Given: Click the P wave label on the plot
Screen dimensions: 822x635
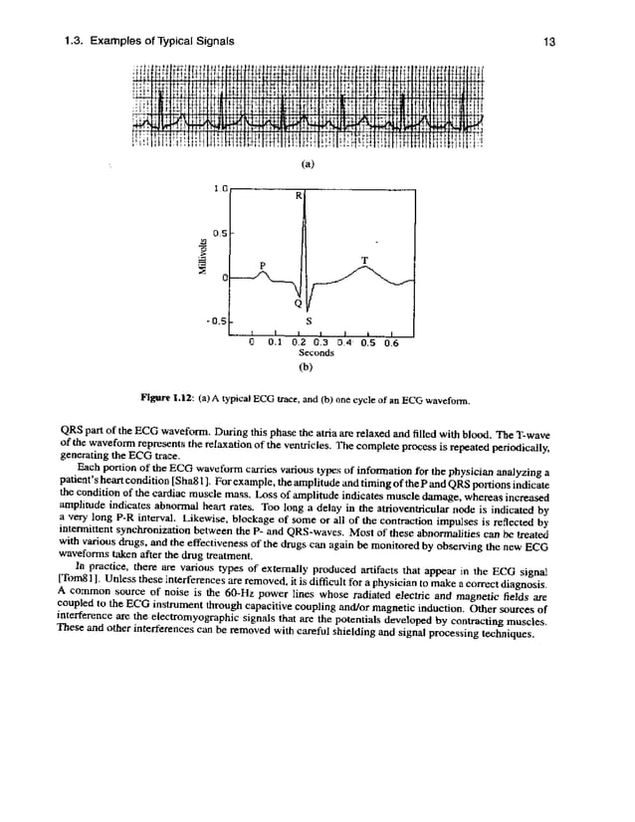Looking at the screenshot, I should [x=263, y=264].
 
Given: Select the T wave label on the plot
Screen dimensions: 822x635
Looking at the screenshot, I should [x=364, y=260].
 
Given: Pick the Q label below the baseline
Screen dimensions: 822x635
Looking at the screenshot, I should [x=297, y=304].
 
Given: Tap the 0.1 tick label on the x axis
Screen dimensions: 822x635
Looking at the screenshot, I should [x=275, y=342].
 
